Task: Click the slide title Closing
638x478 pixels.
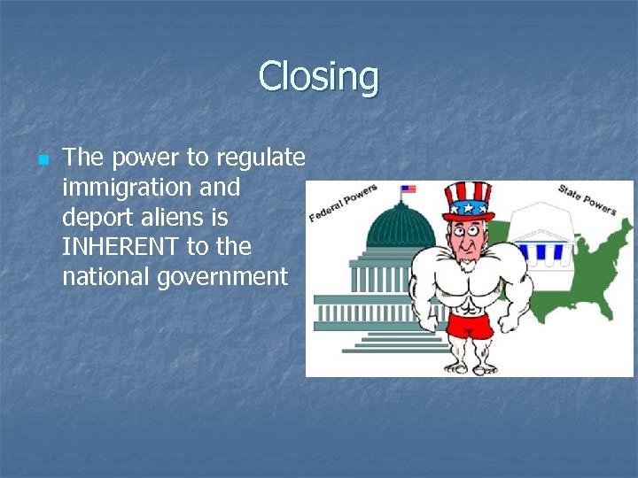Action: pos(318,77)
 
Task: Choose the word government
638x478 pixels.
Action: pos(222,276)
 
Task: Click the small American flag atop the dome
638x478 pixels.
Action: pos(408,189)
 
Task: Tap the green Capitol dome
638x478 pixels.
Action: pos(401,227)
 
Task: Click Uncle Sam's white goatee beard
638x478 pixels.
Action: pos(467,265)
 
